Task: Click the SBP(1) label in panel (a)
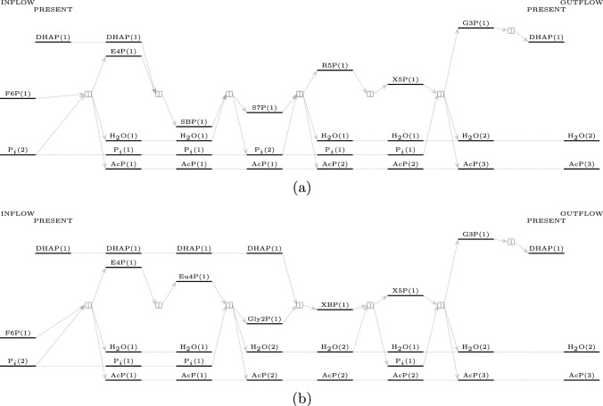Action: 194,120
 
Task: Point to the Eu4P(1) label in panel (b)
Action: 194,277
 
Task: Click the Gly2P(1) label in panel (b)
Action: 264,319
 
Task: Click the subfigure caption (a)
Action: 301,188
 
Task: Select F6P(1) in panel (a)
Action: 18,93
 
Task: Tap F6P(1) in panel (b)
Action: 18,333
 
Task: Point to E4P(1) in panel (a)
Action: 124,51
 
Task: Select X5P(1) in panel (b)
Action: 406,290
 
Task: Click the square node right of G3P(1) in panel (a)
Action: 511,30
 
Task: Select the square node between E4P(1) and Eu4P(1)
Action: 158,304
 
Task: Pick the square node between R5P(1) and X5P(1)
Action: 369,93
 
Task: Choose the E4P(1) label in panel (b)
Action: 124,262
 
